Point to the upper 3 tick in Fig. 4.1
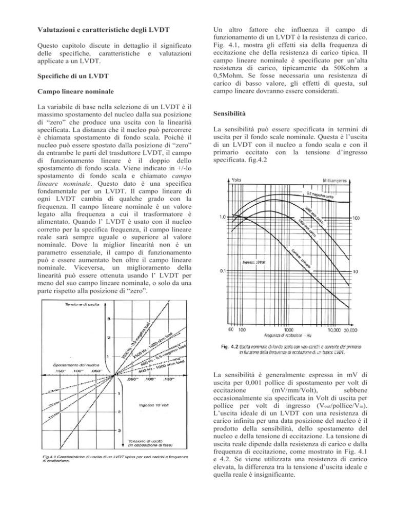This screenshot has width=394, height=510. [108, 320]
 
